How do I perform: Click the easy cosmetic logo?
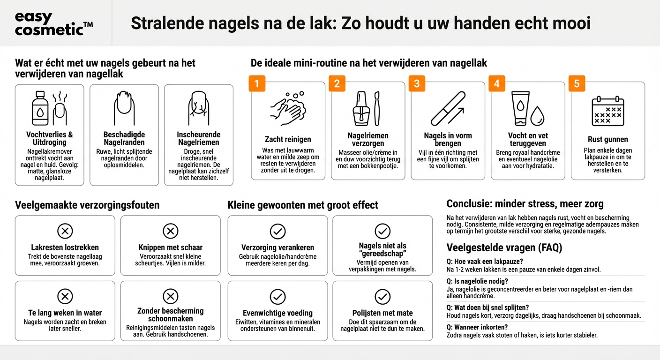click(53, 23)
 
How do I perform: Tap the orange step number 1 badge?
click(256, 84)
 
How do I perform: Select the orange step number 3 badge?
click(417, 84)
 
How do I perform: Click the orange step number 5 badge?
click(577, 84)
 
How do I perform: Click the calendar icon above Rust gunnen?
click(607, 112)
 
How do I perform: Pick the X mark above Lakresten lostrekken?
click(65, 231)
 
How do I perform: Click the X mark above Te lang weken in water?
click(65, 296)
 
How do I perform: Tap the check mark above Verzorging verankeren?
click(277, 231)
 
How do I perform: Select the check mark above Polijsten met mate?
click(382, 296)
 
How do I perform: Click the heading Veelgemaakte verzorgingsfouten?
click(87, 205)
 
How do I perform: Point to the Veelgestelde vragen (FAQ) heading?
click(504, 247)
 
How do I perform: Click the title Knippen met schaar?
click(170, 247)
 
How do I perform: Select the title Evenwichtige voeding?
click(277, 313)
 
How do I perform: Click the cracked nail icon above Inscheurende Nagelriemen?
click(198, 108)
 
